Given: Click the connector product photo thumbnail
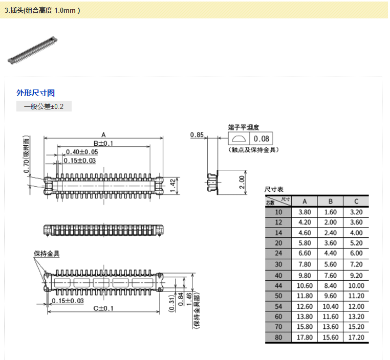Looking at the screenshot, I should [32, 50].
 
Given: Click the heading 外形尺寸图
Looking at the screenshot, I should [36, 93].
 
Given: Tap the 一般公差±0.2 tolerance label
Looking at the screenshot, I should [44, 106].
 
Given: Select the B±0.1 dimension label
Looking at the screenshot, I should [103, 144].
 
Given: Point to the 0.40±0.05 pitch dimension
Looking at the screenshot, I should [82, 152].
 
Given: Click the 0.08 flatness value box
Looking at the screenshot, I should [262, 139].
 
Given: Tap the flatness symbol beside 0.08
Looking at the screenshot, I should [239, 139].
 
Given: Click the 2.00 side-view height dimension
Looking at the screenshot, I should [243, 182].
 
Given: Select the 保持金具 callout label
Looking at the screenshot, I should [47, 254].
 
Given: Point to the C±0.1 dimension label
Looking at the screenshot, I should [103, 308].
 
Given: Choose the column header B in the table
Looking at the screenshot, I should [330, 201].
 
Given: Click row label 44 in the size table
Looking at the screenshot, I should [278, 285].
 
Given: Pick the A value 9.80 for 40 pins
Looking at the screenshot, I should [305, 275].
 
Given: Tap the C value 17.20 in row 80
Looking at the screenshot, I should [356, 338].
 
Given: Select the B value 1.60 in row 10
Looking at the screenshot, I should [330, 212].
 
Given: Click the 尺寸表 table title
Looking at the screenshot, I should [273, 190].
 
